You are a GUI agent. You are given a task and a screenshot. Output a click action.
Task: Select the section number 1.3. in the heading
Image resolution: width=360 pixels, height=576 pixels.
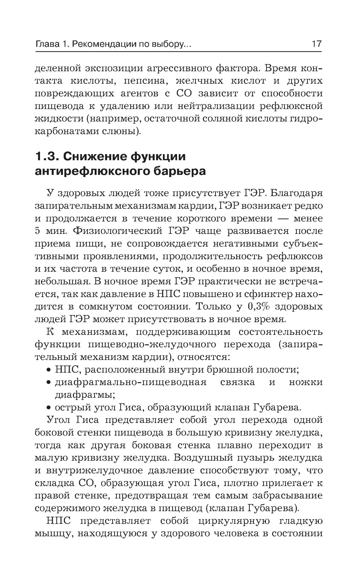[x=47, y=157]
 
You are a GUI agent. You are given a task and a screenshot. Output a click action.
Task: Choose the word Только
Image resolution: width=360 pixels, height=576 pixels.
[x=213, y=307]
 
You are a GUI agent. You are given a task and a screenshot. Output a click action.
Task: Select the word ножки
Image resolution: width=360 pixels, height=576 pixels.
[x=305, y=382]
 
